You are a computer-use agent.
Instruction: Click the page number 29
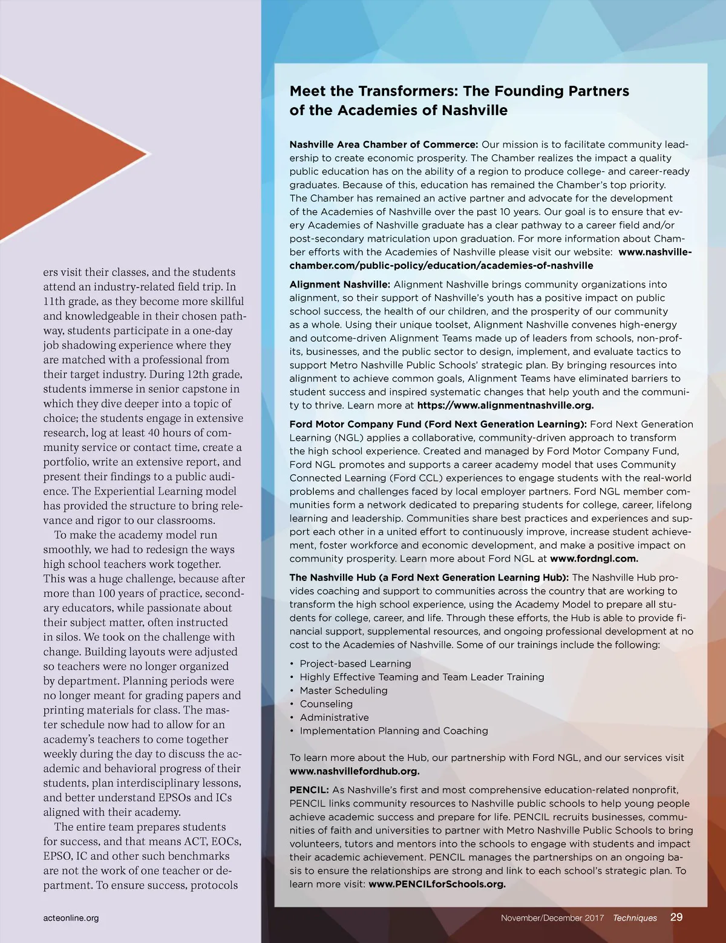[676, 917]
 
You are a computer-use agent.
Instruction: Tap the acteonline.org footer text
[71, 918]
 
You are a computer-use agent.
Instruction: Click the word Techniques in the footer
[635, 918]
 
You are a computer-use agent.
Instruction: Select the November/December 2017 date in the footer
[552, 918]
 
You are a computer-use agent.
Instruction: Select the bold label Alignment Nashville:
[339, 284]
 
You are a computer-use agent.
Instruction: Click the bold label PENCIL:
[309, 790]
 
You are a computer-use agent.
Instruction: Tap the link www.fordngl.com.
[594, 559]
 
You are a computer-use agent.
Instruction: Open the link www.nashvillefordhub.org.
[354, 771]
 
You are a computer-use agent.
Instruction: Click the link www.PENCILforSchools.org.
[437, 884]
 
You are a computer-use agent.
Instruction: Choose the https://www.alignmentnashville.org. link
[505, 406]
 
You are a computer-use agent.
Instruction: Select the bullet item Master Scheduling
[344, 691]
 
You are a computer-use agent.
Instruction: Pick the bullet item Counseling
[326, 704]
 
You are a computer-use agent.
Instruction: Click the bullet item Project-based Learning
[355, 664]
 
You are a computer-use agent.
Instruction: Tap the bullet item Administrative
[334, 717]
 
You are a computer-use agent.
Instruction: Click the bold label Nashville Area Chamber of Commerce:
[384, 145]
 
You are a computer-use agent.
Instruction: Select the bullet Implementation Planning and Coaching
[394, 731]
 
